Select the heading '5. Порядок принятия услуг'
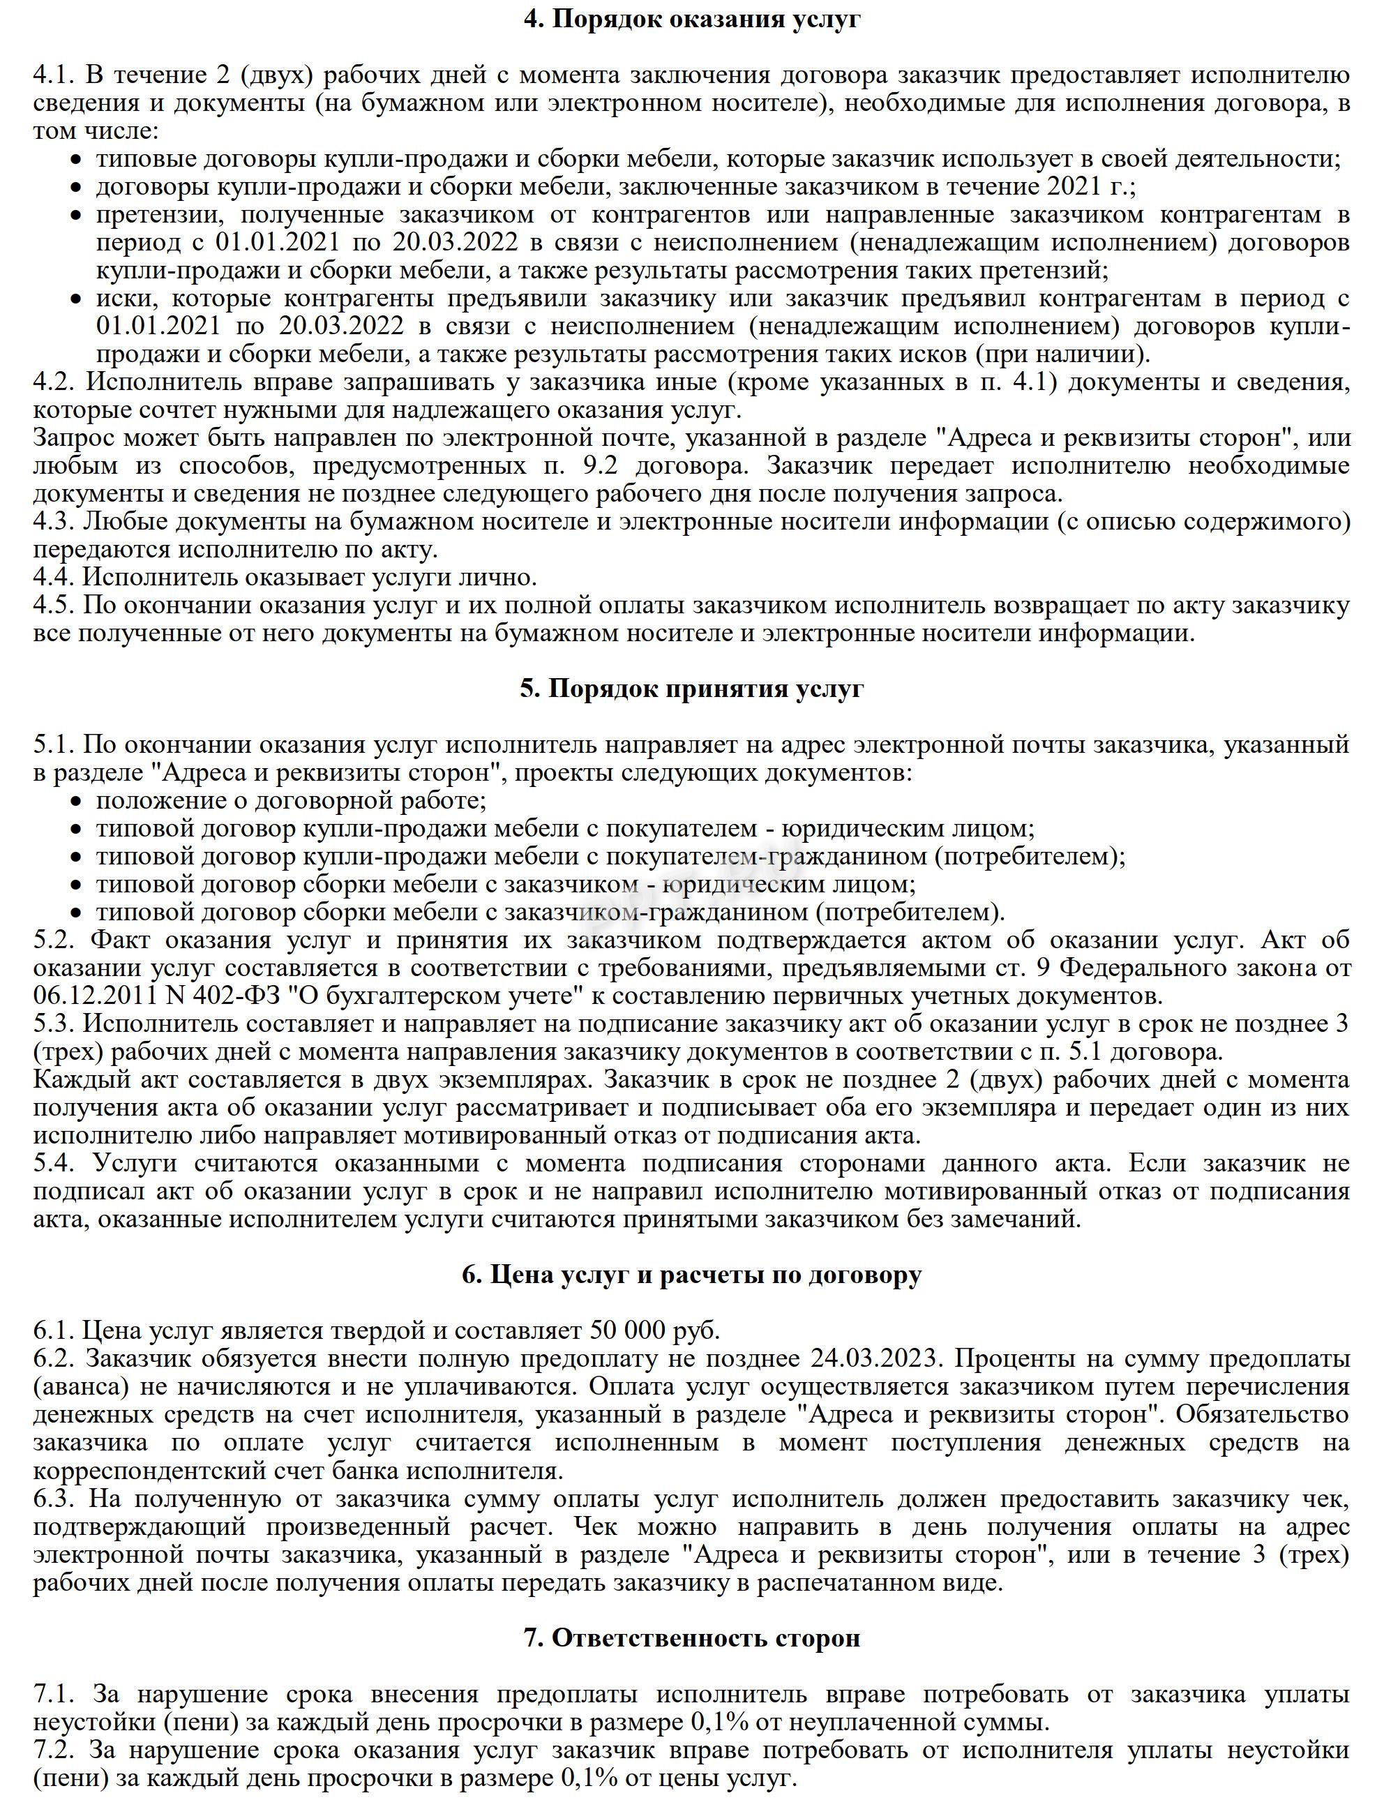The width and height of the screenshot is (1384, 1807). coord(692,688)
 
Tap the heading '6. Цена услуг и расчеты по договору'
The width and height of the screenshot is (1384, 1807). coord(692,1275)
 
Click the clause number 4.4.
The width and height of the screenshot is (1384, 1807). coord(54,578)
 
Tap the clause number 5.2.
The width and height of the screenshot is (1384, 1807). coord(54,940)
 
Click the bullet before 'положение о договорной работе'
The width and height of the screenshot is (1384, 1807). coord(76,801)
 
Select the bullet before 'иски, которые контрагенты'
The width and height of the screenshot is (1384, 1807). coord(76,299)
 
